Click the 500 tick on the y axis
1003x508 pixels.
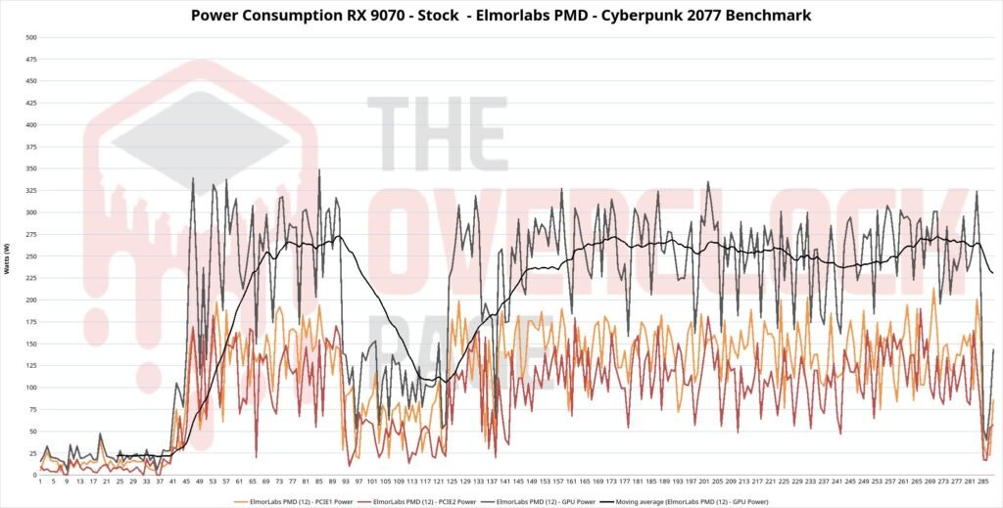tap(30, 37)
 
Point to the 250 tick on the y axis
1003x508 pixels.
tap(30, 256)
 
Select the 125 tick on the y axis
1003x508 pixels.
tap(30, 366)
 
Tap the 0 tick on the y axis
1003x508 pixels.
tap(33, 476)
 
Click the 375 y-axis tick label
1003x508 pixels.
tap(30, 147)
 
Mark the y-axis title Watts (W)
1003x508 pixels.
tap(8, 256)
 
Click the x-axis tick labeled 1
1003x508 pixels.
tap(40, 483)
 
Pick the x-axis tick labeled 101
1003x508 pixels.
tap(372, 483)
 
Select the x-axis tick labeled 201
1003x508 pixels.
tap(704, 483)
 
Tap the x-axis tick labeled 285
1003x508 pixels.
tap(982, 483)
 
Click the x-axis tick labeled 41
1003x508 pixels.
tap(173, 483)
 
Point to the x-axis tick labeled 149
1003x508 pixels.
tap(532, 483)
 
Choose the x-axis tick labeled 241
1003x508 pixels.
tap(836, 483)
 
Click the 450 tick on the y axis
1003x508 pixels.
tap(30, 81)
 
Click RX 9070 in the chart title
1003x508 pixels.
tap(360, 16)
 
